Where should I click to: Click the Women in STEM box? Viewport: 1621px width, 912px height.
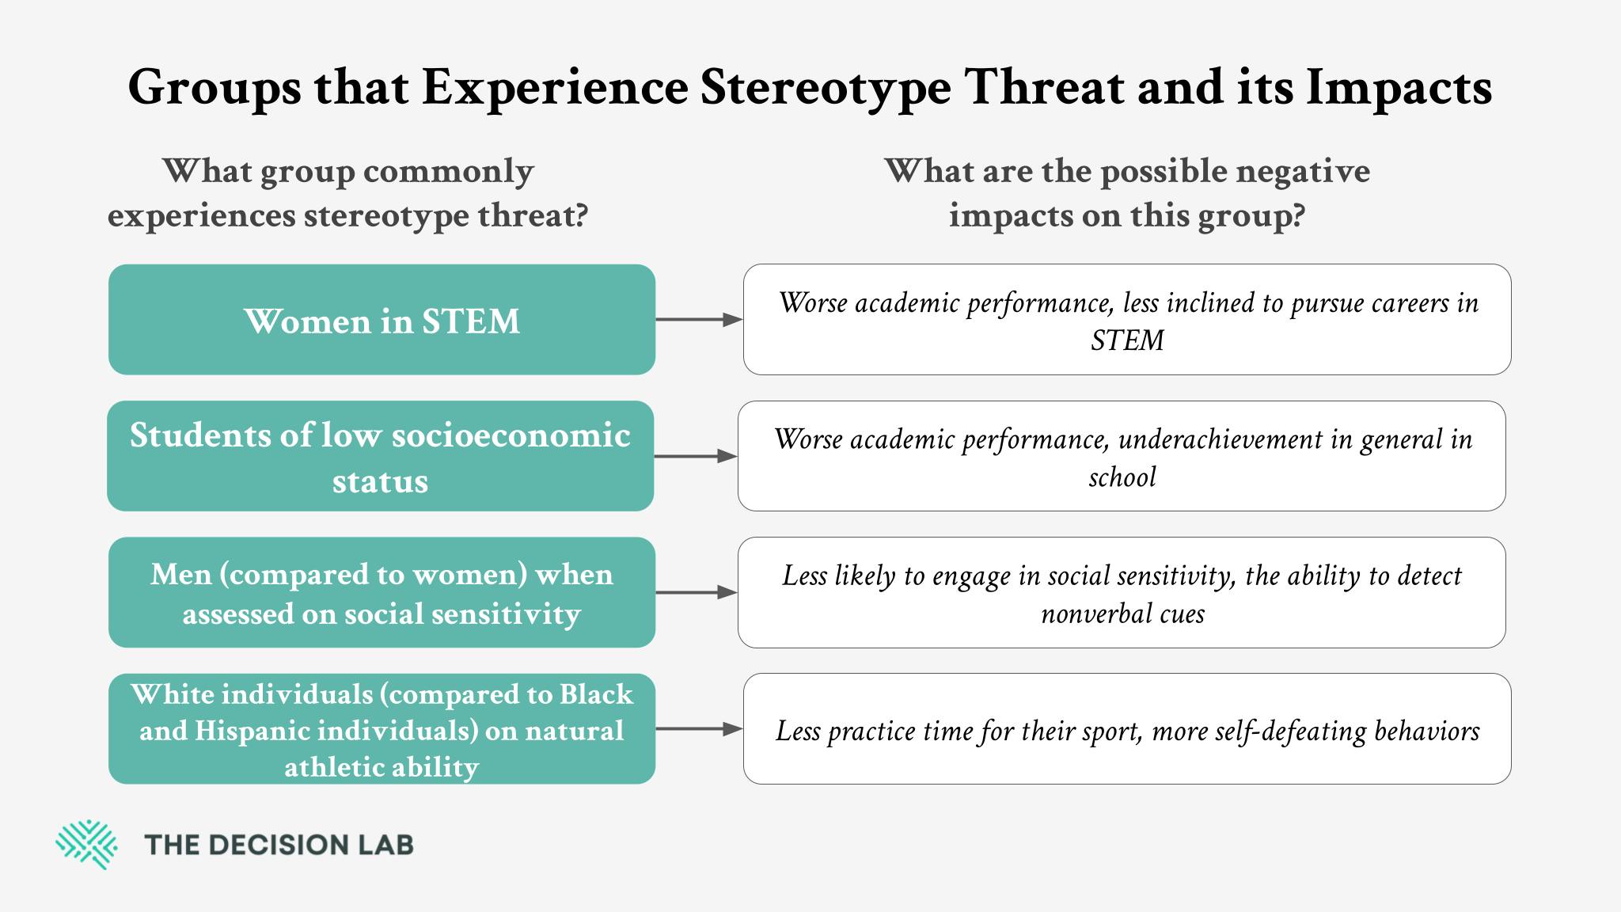click(382, 319)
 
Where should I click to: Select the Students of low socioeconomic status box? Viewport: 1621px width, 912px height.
click(380, 456)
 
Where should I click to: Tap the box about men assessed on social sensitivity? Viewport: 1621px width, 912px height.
click(382, 592)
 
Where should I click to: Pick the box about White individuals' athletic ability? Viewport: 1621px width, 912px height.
click(382, 728)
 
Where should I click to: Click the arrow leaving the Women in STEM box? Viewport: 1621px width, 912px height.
click(699, 320)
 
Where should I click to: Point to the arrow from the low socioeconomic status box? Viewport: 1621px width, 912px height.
click(696, 456)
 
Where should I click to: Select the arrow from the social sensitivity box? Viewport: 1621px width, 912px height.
click(697, 592)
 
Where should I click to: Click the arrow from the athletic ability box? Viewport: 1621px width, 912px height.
click(699, 729)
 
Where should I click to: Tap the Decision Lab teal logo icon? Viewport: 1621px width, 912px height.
click(86, 845)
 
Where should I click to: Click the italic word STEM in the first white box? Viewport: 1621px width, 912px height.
click(1127, 340)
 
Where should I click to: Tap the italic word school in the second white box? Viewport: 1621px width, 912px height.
click(1122, 477)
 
